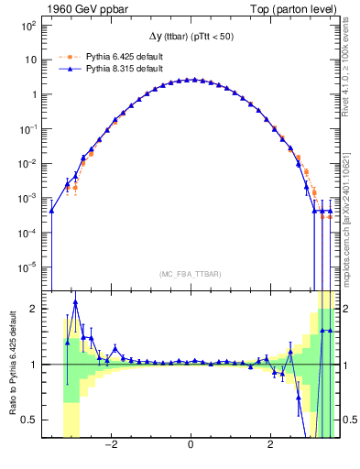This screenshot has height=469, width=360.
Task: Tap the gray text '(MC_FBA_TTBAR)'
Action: click(x=191, y=275)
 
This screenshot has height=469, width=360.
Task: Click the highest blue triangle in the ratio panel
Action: click(x=75, y=302)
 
